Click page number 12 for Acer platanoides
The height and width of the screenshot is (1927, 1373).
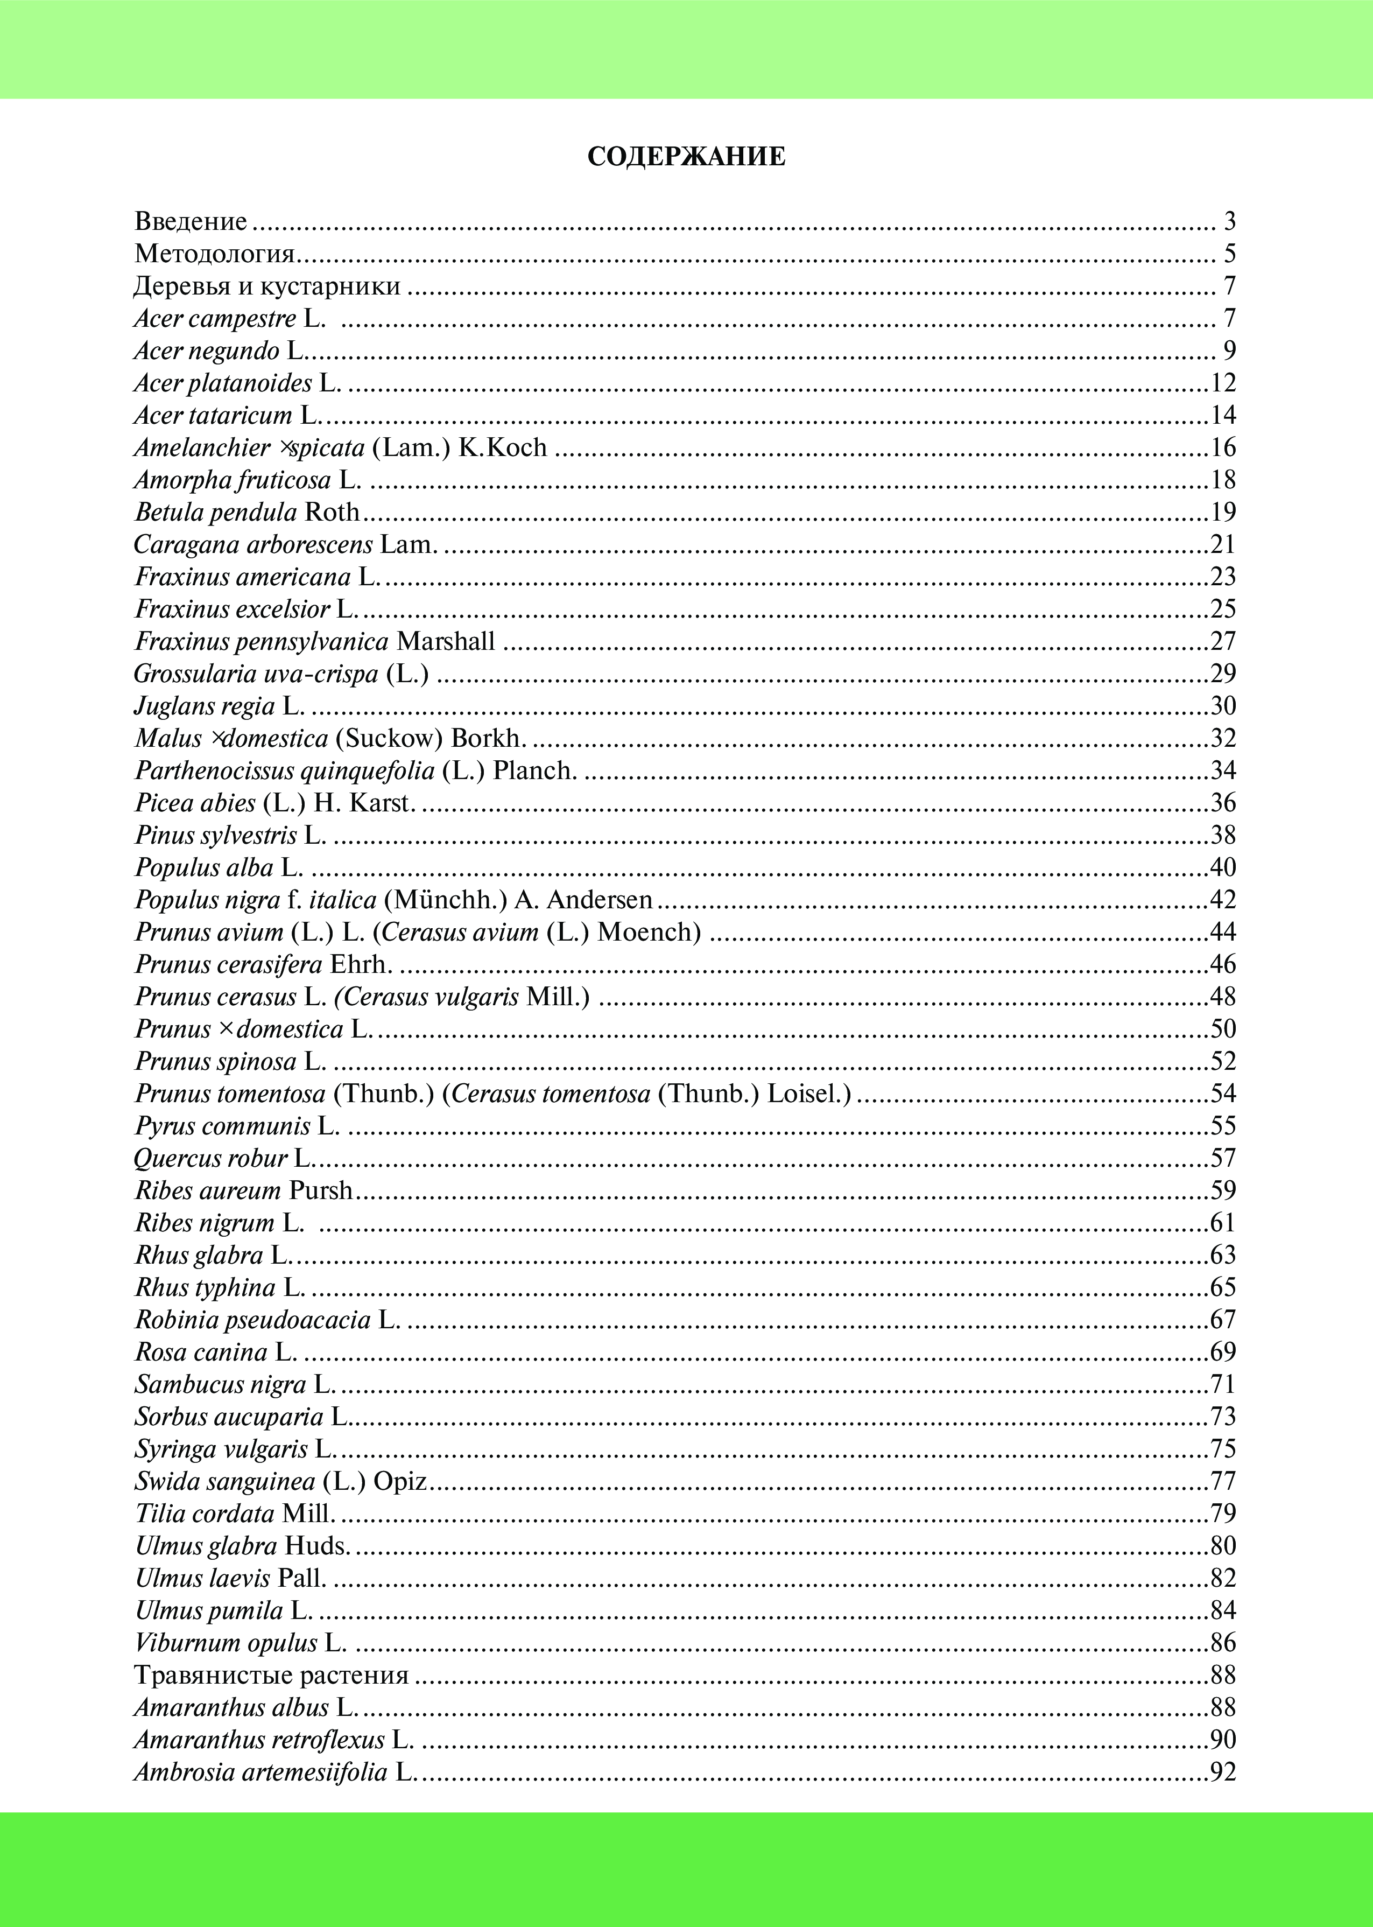[1222, 383]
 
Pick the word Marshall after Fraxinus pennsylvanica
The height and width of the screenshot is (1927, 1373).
[446, 642]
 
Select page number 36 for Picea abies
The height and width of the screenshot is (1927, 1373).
[1222, 802]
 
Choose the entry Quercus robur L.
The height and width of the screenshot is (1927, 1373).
[224, 1158]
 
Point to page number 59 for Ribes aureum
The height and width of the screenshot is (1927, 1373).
[1222, 1190]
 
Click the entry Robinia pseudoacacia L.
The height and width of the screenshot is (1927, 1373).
[267, 1320]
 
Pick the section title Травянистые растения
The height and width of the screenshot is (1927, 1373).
[271, 1675]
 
